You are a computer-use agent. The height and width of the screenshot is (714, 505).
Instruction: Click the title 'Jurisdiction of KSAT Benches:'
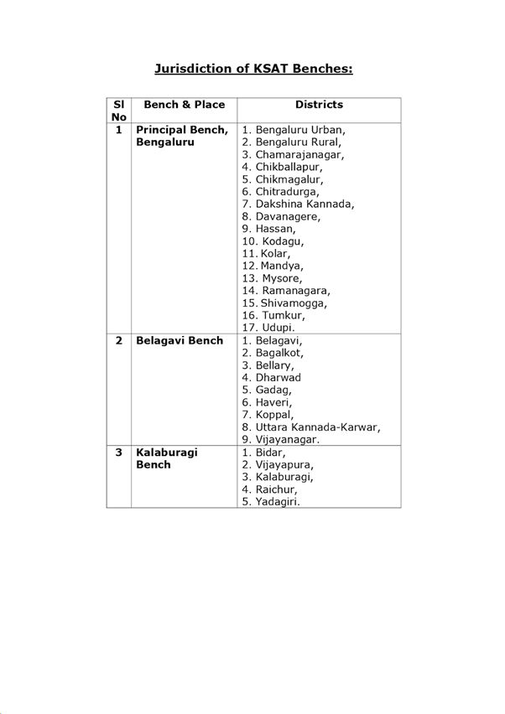(x=253, y=68)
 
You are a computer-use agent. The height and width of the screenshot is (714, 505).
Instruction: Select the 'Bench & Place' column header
(x=185, y=105)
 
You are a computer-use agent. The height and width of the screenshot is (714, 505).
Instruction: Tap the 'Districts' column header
(x=319, y=105)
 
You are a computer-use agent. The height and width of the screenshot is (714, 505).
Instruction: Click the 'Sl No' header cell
(x=119, y=111)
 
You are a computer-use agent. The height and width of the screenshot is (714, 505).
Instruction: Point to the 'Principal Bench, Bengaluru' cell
(x=182, y=137)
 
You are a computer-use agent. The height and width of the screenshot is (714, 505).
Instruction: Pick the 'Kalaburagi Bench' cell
(x=167, y=458)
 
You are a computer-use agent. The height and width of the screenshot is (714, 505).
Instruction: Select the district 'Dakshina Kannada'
(x=298, y=204)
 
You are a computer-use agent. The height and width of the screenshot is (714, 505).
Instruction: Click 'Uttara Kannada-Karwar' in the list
(x=311, y=427)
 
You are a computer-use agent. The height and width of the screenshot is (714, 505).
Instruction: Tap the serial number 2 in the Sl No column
(x=119, y=341)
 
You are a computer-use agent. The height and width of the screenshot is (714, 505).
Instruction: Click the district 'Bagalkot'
(x=273, y=353)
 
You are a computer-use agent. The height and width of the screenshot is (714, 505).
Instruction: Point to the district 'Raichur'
(x=270, y=489)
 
